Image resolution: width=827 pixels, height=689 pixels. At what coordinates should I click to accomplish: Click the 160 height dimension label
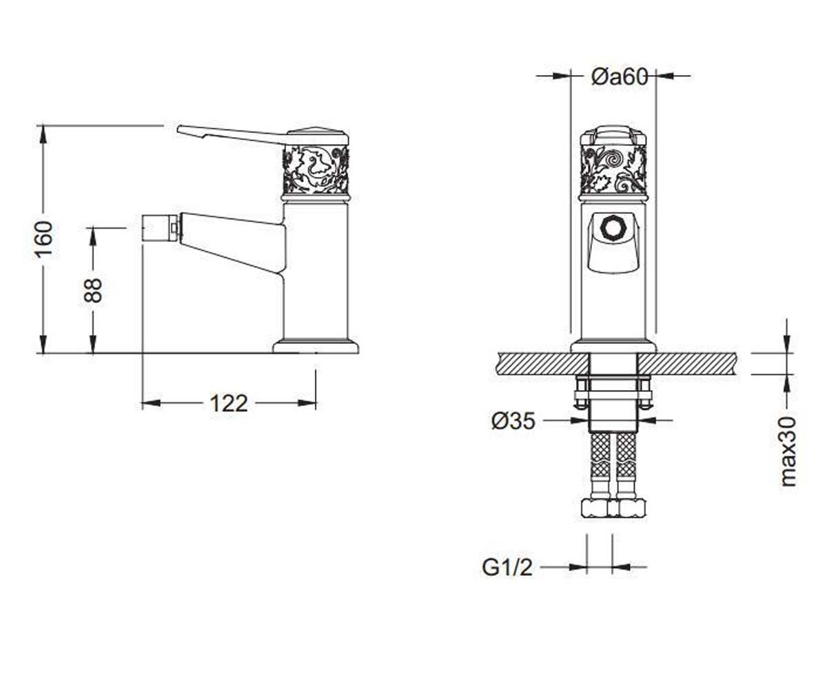[43, 240]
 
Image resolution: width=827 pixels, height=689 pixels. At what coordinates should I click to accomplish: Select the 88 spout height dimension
[94, 290]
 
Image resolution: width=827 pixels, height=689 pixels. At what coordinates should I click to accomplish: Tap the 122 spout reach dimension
[229, 404]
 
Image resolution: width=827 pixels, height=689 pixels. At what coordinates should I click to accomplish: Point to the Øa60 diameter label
[620, 76]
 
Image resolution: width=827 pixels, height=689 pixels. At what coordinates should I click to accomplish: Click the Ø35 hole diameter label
[513, 420]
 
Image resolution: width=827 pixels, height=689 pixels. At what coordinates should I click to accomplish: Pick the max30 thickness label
[788, 451]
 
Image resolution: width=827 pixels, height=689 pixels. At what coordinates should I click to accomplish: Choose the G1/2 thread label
[507, 568]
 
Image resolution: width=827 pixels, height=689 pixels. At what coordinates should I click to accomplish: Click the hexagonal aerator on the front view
[613, 228]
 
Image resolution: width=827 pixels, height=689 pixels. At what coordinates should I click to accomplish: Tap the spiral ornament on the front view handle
[614, 161]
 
